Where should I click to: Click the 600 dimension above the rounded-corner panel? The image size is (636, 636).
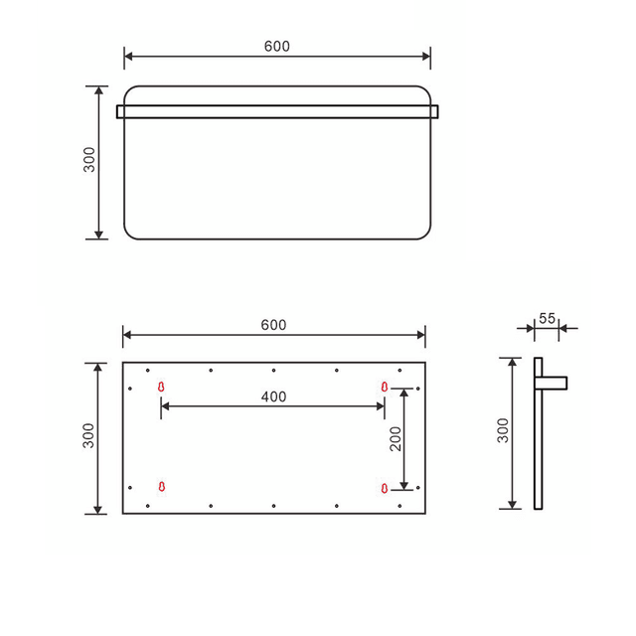(x=277, y=46)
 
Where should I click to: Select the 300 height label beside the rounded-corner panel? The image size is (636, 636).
(x=88, y=161)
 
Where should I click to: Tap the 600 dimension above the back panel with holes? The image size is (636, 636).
(x=273, y=325)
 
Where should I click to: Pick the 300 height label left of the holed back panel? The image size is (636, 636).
(x=88, y=437)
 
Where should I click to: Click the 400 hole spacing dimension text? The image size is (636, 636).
(x=273, y=397)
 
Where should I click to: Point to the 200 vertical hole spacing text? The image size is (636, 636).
(x=396, y=438)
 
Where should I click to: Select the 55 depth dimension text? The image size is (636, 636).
(x=547, y=318)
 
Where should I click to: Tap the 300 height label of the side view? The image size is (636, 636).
(x=503, y=431)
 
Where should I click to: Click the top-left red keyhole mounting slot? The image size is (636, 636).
(x=161, y=387)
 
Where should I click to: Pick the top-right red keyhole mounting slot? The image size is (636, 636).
(x=385, y=387)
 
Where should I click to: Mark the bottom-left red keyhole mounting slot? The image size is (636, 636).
(x=161, y=486)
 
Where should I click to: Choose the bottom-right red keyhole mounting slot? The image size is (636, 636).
(x=385, y=486)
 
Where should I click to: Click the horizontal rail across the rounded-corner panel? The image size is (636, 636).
(x=277, y=111)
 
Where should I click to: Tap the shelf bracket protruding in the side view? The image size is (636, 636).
(x=554, y=382)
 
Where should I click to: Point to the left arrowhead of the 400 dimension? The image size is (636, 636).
(x=165, y=405)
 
